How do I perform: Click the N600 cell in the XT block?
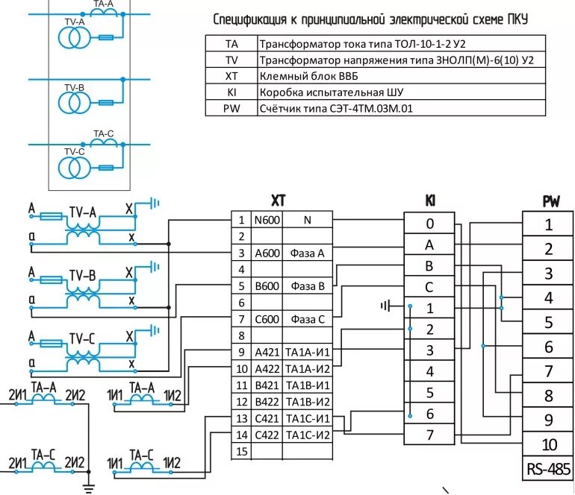(267, 220)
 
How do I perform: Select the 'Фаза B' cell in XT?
(308, 286)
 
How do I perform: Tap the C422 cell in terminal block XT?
(267, 435)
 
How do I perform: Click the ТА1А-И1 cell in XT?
(308, 352)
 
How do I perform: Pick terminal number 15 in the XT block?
(241, 452)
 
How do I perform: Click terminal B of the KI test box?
(429, 266)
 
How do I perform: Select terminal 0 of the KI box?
(429, 224)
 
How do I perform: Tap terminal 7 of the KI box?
(429, 435)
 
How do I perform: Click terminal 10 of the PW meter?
(548, 444)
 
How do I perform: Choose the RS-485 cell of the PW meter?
(548, 469)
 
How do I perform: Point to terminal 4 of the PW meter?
(548, 297)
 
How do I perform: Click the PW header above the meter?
(551, 202)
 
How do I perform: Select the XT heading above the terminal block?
(279, 201)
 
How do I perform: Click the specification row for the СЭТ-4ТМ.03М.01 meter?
(376, 108)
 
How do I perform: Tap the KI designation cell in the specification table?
(231, 92)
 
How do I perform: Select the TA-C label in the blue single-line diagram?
(103, 133)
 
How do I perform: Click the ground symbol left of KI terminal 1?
(386, 306)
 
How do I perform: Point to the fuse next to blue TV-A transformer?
(106, 37)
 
